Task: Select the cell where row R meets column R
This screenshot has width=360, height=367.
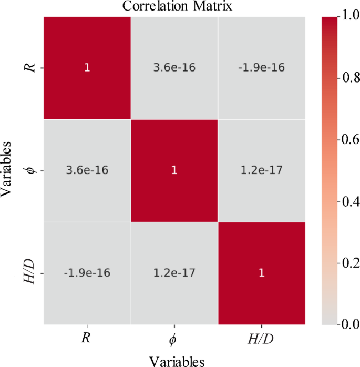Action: pyautogui.click(x=87, y=68)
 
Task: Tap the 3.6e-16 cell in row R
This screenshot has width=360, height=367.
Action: pyautogui.click(x=174, y=68)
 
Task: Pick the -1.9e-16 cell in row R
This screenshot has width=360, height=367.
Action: pyautogui.click(x=261, y=68)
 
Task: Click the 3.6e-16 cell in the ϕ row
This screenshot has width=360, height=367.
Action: pyautogui.click(x=87, y=170)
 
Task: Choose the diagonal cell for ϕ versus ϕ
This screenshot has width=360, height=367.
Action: pyautogui.click(x=174, y=170)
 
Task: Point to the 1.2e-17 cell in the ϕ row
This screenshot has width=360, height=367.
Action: pyautogui.click(x=261, y=170)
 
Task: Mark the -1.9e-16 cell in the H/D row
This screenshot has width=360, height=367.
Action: pyautogui.click(x=87, y=273)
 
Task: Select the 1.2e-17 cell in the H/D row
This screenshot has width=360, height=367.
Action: pyautogui.click(x=174, y=273)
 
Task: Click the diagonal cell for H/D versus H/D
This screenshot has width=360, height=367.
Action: pyautogui.click(x=261, y=273)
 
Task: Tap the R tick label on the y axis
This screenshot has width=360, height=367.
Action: pyautogui.click(x=30, y=68)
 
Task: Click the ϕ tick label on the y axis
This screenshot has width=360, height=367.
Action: pyautogui.click(x=30, y=170)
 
